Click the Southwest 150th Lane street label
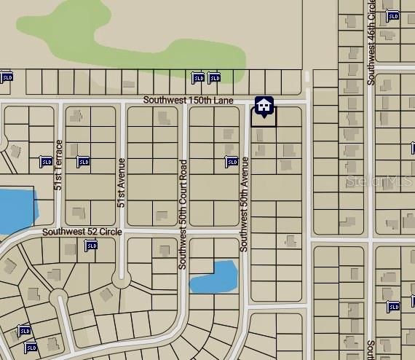click(x=188, y=100)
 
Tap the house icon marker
click(x=264, y=106)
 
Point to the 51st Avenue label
click(x=122, y=182)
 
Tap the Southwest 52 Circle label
click(x=82, y=232)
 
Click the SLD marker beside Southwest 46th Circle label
click(x=392, y=16)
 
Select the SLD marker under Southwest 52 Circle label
click(x=91, y=246)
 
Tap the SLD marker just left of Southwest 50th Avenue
click(x=232, y=162)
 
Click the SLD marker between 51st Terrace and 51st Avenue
click(x=83, y=162)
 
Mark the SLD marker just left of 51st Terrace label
click(x=46, y=162)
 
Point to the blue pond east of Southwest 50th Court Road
click(x=213, y=276)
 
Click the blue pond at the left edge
click(x=16, y=209)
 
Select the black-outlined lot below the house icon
click(x=264, y=119)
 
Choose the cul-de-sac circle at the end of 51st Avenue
click(x=120, y=279)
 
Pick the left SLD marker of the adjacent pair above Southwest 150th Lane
click(x=197, y=77)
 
